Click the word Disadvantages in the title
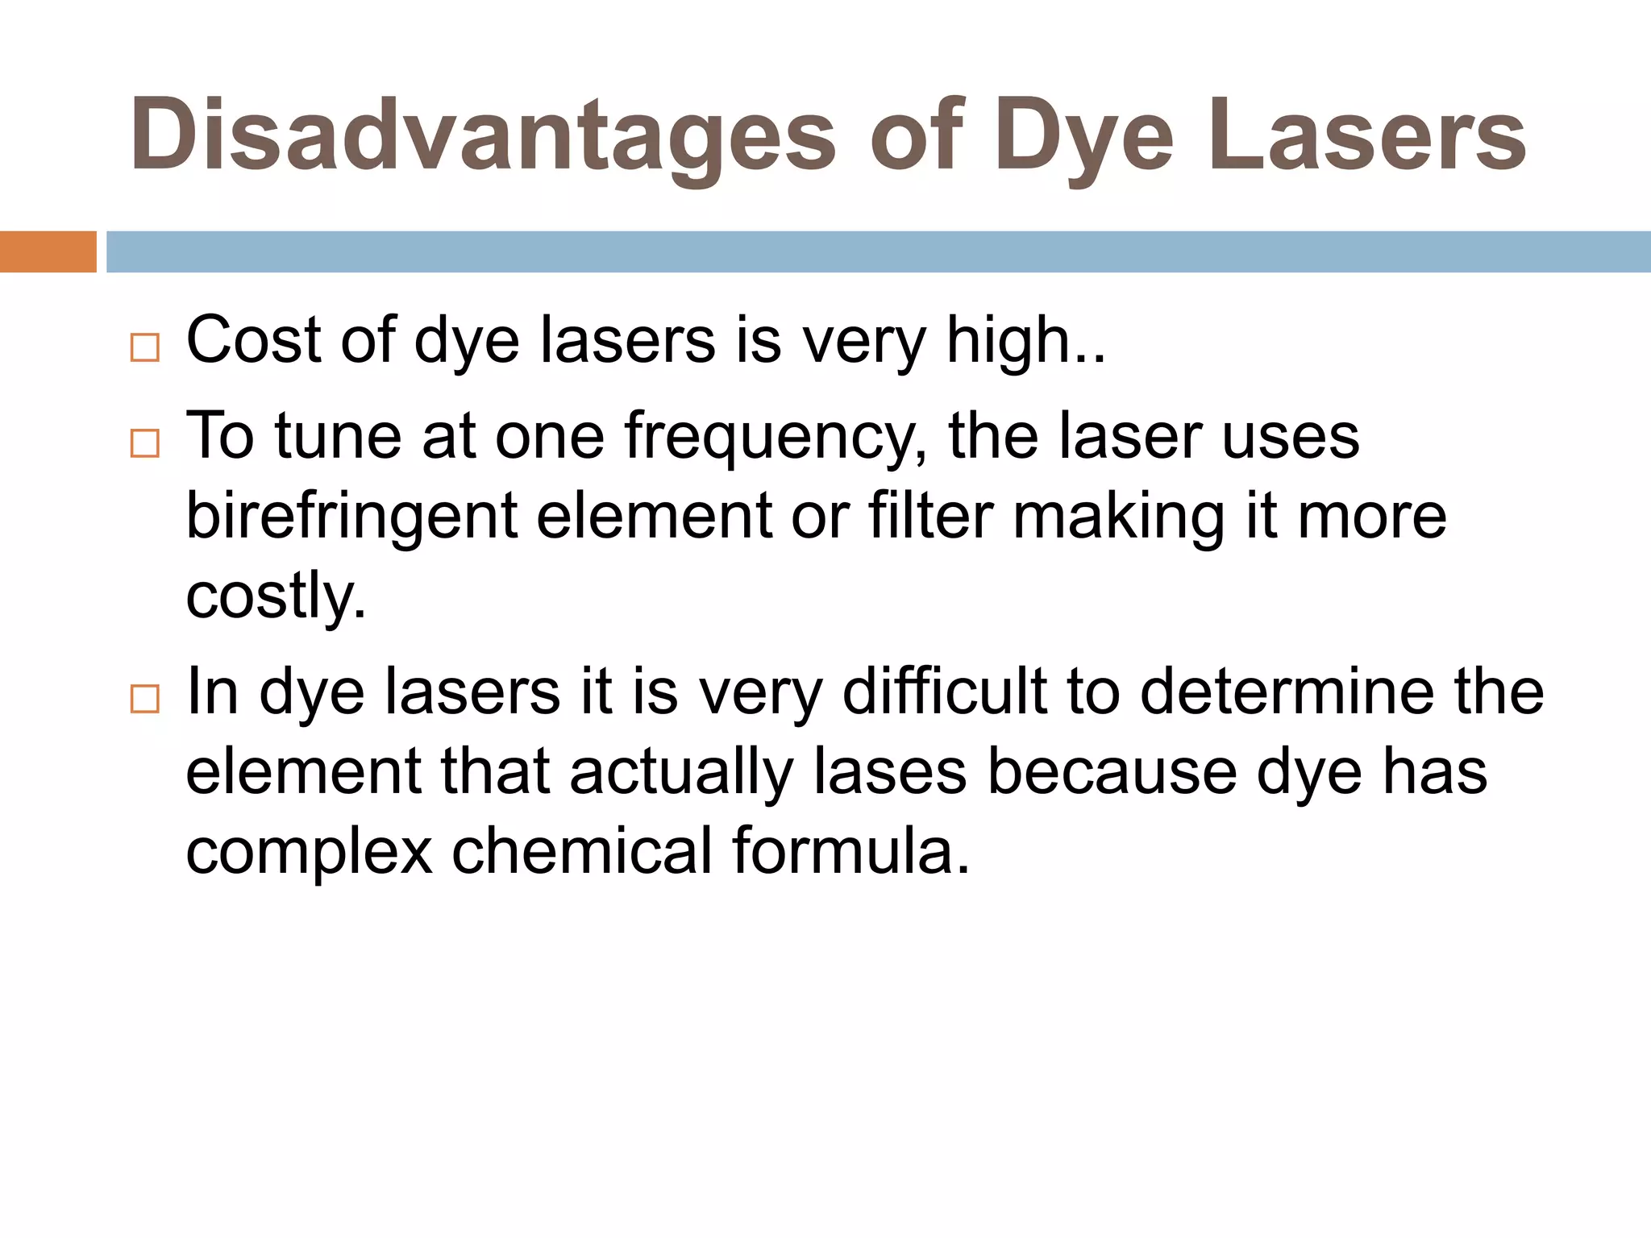coord(482,135)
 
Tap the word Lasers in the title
coord(1367,135)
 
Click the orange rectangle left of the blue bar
coord(48,251)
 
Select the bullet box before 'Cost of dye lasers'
coord(145,347)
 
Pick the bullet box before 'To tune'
coord(145,443)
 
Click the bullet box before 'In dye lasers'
coord(145,698)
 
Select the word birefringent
coord(351,517)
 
